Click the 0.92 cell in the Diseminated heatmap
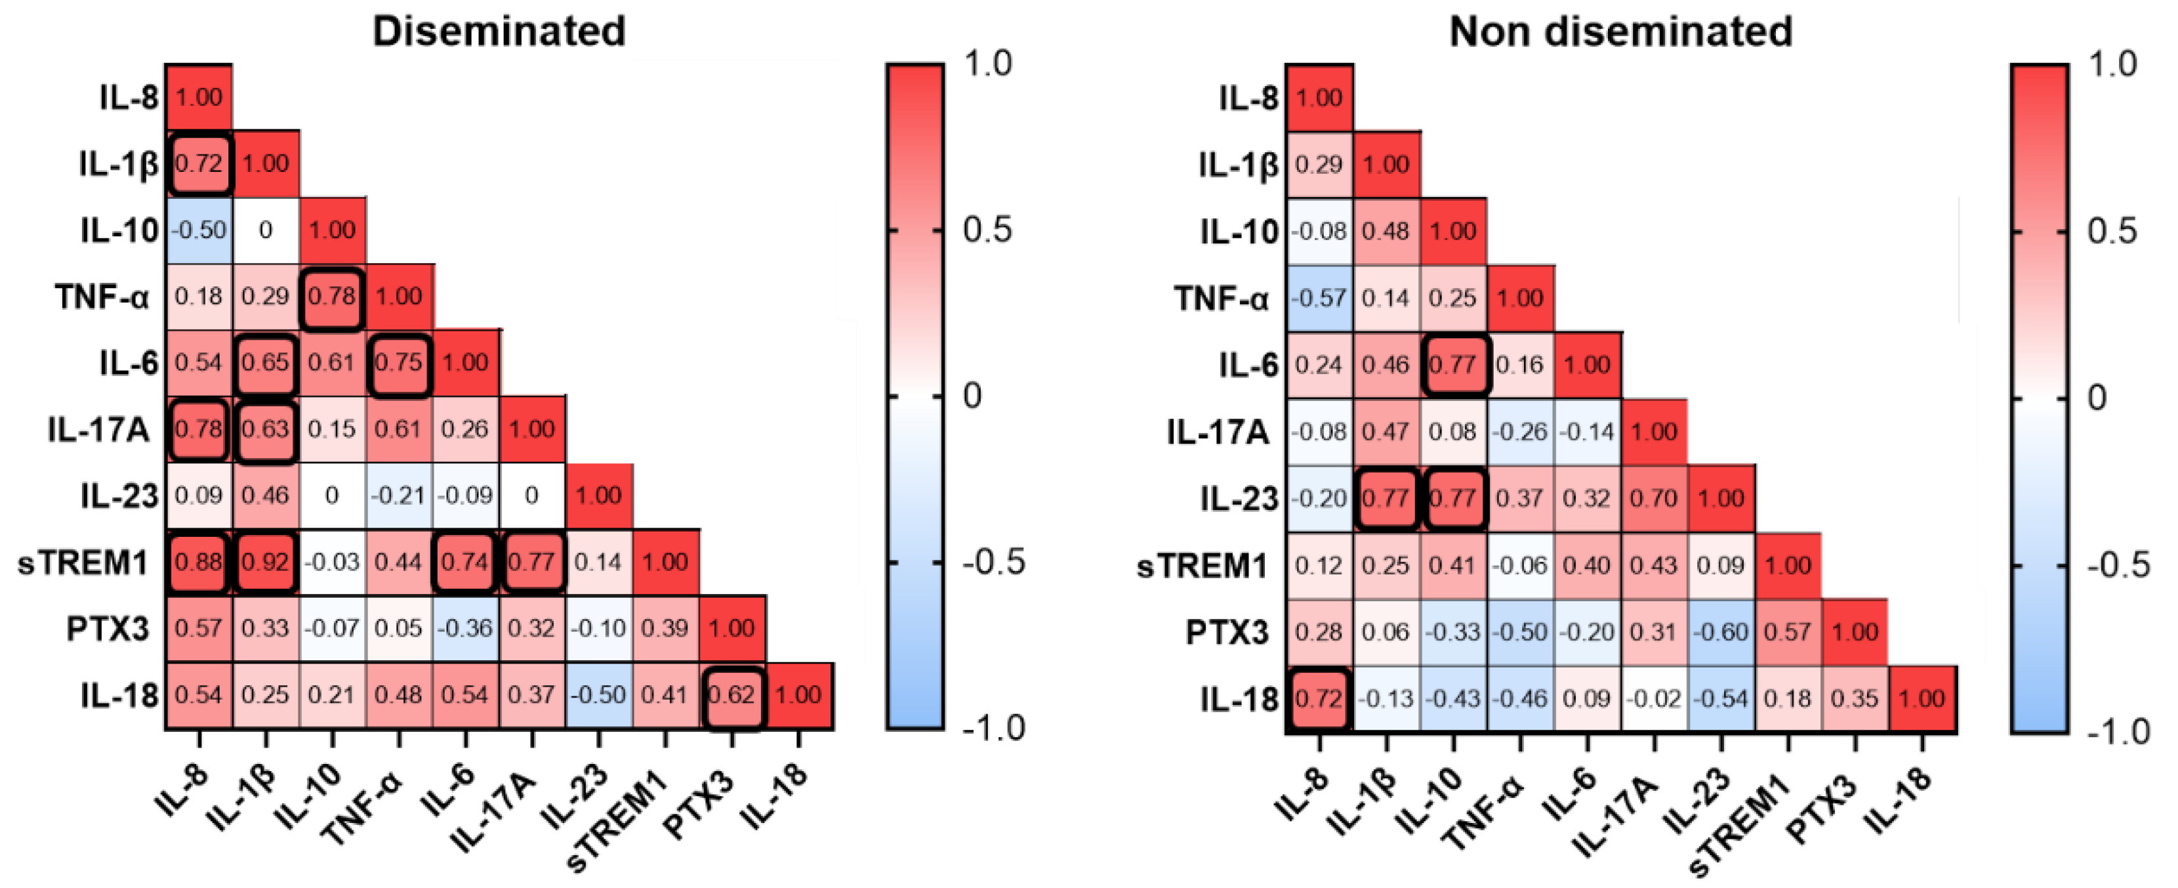point(266,562)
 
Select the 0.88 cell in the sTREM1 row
point(199,562)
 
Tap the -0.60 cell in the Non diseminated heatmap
point(1721,632)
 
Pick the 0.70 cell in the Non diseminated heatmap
point(1654,498)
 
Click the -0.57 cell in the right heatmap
point(1319,298)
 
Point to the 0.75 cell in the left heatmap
point(398,363)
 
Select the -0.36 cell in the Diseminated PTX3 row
point(465,628)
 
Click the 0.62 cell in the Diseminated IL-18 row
point(731,695)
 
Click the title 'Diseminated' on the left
point(499,32)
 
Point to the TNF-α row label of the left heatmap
point(102,297)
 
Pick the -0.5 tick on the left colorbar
point(993,562)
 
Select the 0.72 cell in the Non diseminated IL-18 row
point(1319,698)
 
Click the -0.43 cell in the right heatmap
point(1452,698)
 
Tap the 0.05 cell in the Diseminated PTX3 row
point(398,628)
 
